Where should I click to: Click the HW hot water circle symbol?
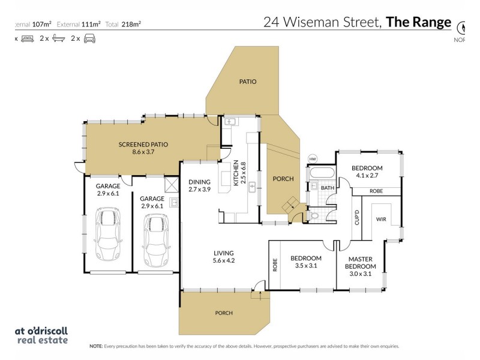click(312, 159)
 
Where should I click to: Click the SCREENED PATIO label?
click(143, 144)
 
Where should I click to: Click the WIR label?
click(380, 220)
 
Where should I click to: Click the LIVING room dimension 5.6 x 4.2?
click(223, 260)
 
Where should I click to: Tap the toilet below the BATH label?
click(314, 215)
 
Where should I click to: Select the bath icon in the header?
click(58, 38)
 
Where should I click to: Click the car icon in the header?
click(89, 38)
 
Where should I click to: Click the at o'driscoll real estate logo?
click(40, 335)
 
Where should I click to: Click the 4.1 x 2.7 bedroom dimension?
click(367, 176)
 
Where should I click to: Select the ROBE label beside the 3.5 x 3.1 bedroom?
click(275, 265)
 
